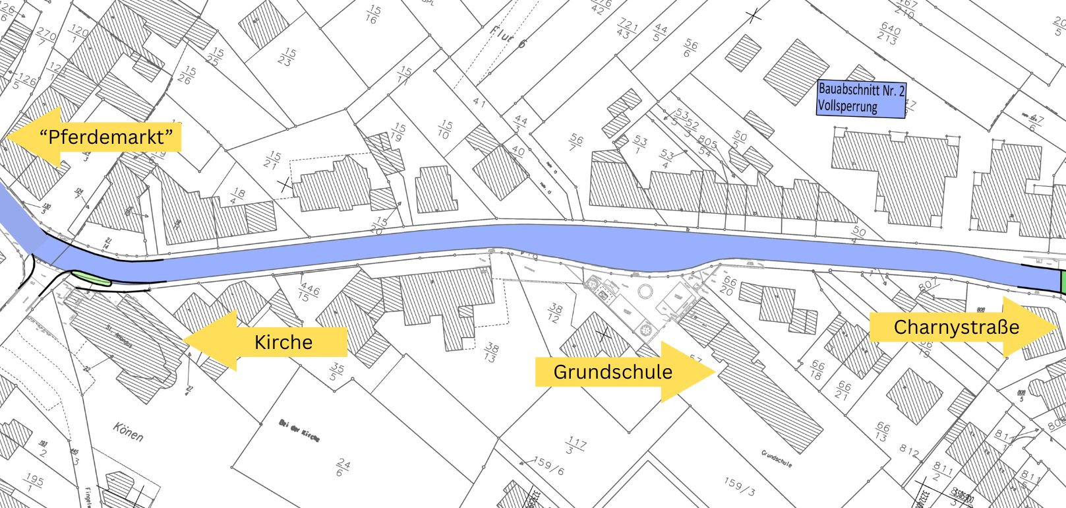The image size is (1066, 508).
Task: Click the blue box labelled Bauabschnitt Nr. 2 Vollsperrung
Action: [860, 98]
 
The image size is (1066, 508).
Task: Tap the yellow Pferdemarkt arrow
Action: [99, 137]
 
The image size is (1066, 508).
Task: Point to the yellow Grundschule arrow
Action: [623, 371]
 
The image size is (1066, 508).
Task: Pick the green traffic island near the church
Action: [91, 278]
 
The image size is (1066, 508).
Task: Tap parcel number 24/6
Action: [343, 468]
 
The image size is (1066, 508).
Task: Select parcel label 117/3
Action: [576, 445]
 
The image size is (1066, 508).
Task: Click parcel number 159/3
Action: [738, 486]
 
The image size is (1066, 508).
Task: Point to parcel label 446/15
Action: [309, 292]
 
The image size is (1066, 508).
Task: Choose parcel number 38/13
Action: [490, 352]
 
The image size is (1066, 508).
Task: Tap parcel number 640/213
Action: [889, 34]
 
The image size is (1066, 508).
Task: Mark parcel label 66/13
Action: [881, 432]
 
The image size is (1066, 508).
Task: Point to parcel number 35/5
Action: [337, 371]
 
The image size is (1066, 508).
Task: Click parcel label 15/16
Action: [373, 14]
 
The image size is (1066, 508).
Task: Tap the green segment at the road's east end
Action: [1062, 282]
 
